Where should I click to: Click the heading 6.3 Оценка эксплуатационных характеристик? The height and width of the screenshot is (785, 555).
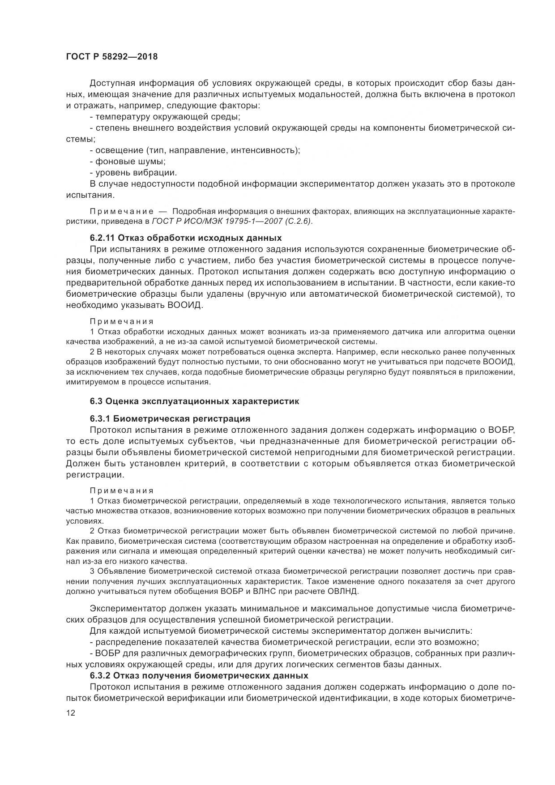click(x=194, y=401)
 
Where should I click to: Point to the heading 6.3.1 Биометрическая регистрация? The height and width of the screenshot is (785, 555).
click(x=170, y=419)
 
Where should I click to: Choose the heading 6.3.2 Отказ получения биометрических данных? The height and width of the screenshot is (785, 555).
click(x=199, y=675)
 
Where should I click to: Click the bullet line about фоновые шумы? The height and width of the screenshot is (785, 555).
click(x=128, y=162)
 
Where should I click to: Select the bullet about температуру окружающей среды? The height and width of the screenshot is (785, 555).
click(x=165, y=117)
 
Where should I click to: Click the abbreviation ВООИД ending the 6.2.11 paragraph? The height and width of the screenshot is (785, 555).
click(x=185, y=305)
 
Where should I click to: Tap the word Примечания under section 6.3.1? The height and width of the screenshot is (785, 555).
click(x=121, y=490)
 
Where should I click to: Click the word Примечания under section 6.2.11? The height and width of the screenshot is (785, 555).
click(x=121, y=321)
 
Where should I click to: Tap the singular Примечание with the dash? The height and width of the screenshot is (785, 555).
click(x=121, y=211)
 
